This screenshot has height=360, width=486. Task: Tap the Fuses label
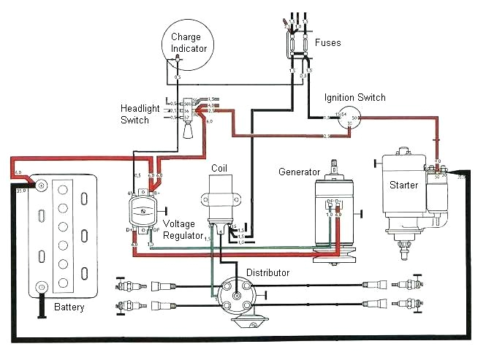327,43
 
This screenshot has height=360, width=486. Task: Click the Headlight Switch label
140,114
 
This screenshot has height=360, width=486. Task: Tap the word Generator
300,172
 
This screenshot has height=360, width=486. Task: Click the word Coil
219,168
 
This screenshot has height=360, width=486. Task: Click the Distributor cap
239,296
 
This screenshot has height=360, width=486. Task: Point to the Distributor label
267,273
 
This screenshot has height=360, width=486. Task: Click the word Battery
69,307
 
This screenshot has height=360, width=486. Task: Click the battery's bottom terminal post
42,287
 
